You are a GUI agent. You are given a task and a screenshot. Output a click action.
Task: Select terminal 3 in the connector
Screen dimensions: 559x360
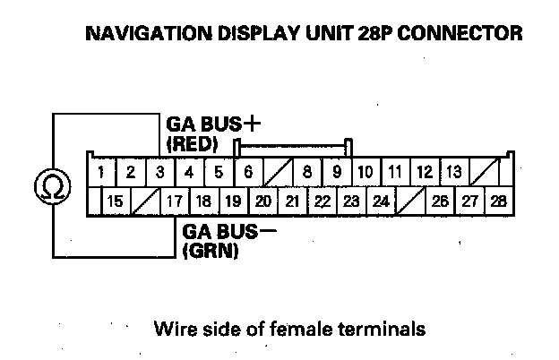coord(160,171)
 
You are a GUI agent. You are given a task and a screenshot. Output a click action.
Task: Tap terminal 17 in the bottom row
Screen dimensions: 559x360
coord(175,201)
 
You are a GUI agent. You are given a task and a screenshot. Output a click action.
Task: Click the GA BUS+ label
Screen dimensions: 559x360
coord(207,124)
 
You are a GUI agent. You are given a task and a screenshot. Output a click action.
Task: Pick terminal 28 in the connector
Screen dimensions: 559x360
coord(498,201)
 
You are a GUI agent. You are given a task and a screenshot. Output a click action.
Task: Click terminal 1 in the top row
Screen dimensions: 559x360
coord(104,171)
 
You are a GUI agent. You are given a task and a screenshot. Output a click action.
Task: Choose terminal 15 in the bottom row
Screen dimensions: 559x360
coord(115,201)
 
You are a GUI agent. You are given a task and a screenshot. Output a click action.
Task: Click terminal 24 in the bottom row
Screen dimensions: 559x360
coord(380,201)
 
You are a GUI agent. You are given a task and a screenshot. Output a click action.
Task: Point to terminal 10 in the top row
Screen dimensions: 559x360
coord(365,171)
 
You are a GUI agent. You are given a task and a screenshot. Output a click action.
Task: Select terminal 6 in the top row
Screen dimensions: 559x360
coord(247,171)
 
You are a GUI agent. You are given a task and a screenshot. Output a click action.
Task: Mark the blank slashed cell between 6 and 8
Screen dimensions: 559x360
coord(278,171)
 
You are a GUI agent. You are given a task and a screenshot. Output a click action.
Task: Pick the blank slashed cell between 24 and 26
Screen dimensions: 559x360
coord(410,201)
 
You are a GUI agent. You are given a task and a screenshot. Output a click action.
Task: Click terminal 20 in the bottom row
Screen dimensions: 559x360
coord(263,201)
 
